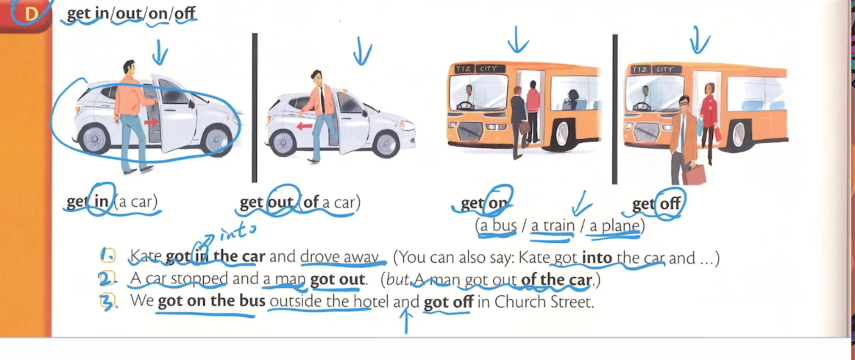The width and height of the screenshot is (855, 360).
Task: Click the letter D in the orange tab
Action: (31, 13)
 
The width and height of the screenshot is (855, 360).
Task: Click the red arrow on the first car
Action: (152, 121)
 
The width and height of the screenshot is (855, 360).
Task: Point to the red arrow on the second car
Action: (305, 127)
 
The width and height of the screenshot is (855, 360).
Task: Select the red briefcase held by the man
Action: (694, 174)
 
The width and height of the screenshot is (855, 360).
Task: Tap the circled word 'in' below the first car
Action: (102, 202)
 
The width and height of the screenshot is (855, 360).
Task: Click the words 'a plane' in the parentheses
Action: (613, 225)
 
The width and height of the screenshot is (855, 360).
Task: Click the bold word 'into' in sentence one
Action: (597, 258)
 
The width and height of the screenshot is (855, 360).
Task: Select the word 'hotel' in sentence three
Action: (372, 301)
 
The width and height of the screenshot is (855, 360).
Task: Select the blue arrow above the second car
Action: (362, 51)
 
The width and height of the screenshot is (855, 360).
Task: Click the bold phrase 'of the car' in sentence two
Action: (556, 280)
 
